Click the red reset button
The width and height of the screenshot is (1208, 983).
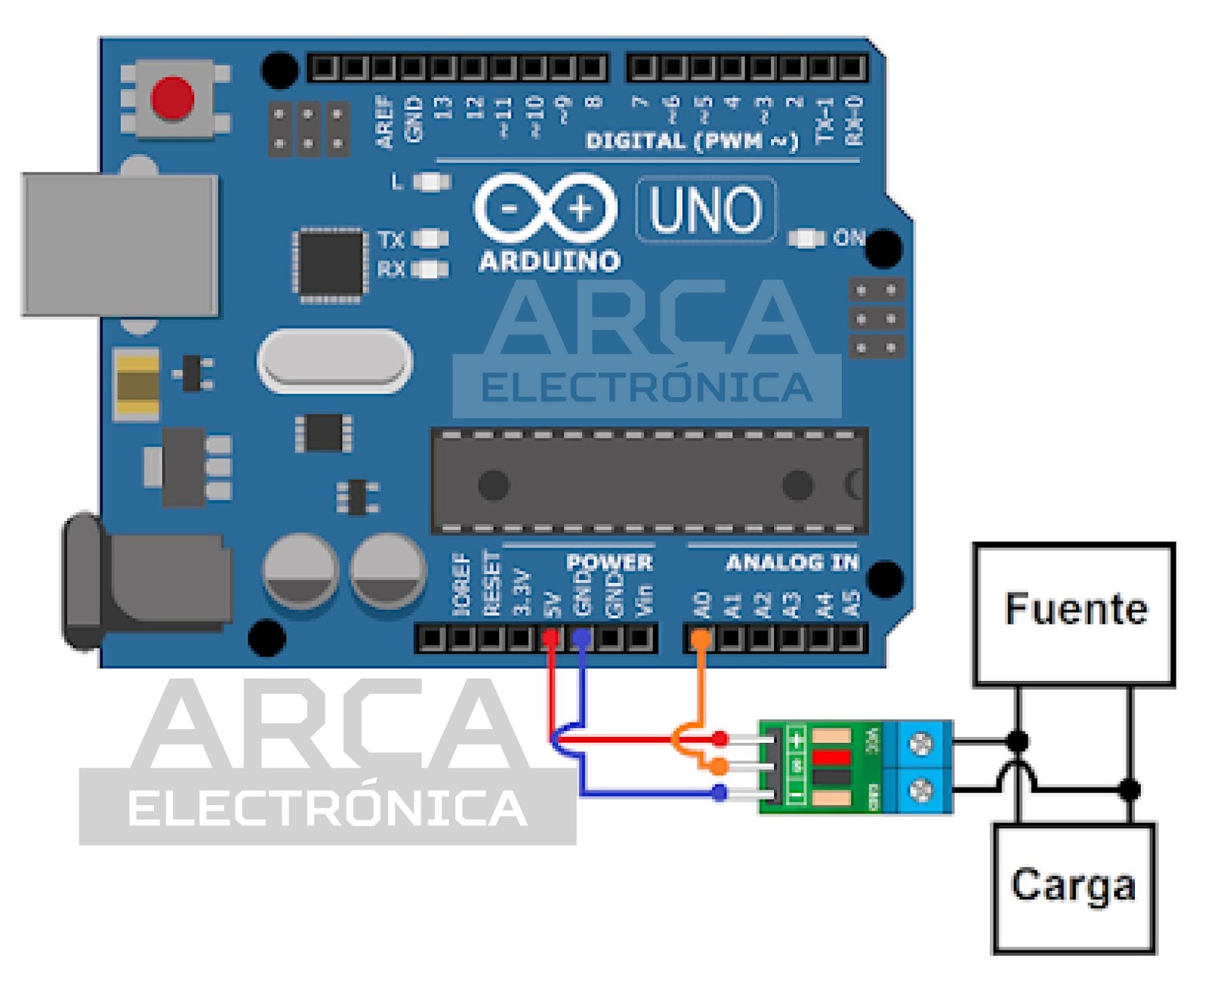tap(173, 98)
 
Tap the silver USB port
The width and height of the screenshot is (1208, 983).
tap(120, 244)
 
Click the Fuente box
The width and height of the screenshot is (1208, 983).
tap(1074, 614)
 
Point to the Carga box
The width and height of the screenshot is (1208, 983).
tap(1074, 888)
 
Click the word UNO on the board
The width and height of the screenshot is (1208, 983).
tap(705, 209)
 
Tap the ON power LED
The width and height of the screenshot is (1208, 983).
tap(806, 239)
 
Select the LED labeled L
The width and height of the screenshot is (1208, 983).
tap(432, 182)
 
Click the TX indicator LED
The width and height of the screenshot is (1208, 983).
tap(430, 239)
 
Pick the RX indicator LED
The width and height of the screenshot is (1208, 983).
tap(430, 269)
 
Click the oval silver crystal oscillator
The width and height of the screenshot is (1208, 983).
tap(335, 361)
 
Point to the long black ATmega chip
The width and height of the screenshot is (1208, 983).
tap(649, 481)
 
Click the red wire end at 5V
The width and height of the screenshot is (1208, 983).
tap(551, 639)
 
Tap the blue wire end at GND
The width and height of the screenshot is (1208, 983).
tap(581, 639)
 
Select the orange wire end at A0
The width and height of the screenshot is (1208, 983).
tap(701, 639)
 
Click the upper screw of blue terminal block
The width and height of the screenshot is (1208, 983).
tap(920, 744)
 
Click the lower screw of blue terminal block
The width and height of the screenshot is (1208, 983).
tap(920, 790)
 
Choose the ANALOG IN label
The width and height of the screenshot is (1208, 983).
tap(792, 562)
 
